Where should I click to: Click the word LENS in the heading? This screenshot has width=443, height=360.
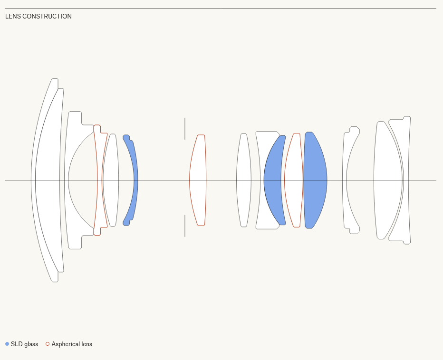tap(13, 16)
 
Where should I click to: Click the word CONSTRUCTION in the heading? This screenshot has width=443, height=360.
tap(47, 16)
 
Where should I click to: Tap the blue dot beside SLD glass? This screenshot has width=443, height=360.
tap(7, 344)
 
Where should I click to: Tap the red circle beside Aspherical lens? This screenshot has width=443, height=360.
tap(48, 344)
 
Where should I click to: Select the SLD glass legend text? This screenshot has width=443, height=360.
tap(24, 344)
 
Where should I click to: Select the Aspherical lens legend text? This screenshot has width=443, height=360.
tap(72, 344)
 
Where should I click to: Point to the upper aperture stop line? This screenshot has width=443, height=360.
tap(185, 129)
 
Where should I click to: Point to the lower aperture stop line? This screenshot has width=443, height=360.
tap(185, 226)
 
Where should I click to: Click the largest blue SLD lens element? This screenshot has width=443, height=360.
tap(315, 180)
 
